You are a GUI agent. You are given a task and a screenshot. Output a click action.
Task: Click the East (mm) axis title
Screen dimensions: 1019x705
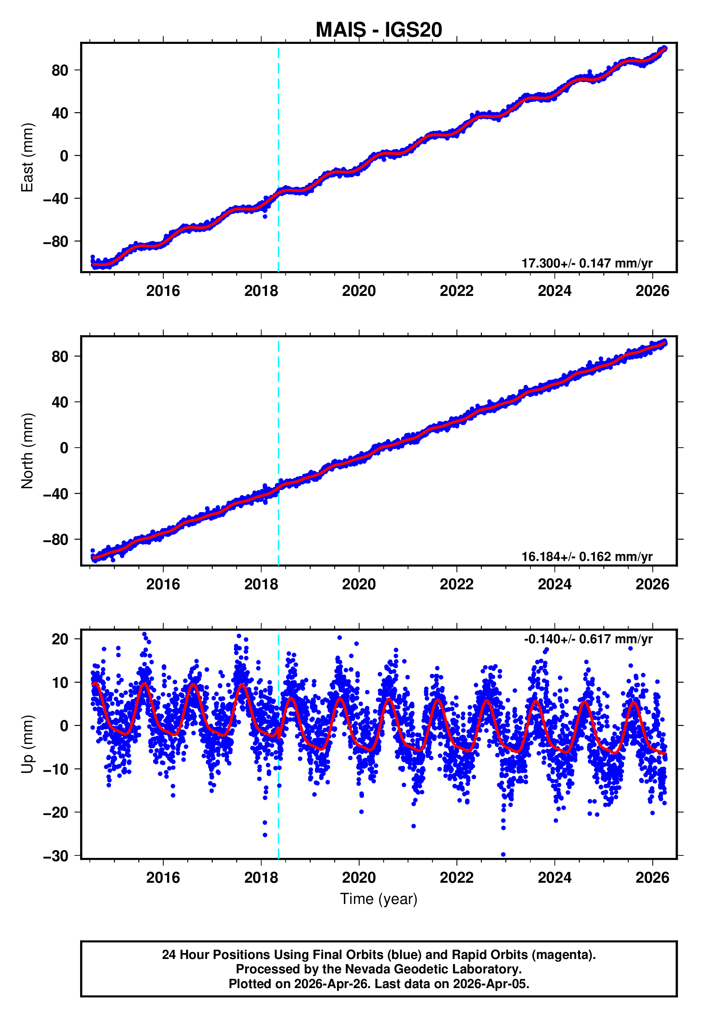pos(27,157)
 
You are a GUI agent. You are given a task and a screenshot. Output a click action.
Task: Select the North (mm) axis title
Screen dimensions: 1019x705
pos(27,451)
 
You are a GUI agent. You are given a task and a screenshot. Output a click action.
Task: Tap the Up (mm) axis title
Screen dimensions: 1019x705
pos(27,744)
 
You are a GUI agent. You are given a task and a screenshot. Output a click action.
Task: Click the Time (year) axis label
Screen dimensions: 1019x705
pos(379,899)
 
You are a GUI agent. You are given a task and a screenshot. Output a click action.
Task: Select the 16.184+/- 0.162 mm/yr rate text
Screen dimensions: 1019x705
pos(587,557)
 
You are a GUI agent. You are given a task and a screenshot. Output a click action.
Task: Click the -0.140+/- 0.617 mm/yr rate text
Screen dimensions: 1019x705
pos(588,639)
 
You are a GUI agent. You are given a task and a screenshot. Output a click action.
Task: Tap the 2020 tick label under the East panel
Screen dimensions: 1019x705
pos(359,291)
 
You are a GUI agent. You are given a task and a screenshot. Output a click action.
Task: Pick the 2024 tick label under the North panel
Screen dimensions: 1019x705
pos(554,584)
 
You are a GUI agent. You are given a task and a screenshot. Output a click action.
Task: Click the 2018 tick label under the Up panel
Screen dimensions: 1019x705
pos(261,878)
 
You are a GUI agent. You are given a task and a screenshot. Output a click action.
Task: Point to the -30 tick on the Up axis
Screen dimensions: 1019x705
pos(56,856)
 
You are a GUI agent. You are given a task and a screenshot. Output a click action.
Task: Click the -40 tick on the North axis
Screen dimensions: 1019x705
pos(56,494)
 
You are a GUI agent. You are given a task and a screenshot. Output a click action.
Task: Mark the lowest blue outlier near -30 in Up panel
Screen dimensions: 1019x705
pos(503,855)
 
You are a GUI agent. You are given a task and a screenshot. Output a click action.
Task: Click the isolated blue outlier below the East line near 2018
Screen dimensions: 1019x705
pos(264,216)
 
